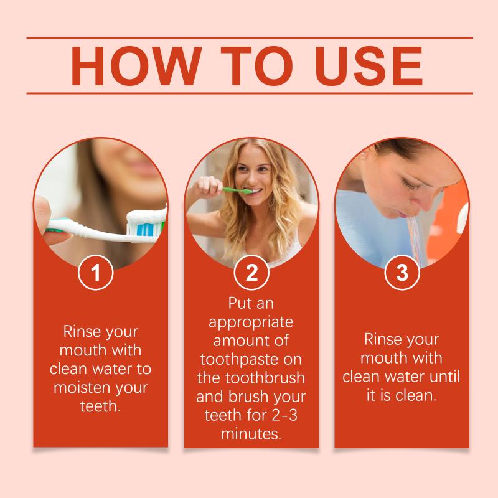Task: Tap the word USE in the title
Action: pos(369,66)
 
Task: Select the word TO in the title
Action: pos(257,66)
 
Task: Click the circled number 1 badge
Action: pos(96,272)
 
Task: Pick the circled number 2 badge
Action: pos(251,272)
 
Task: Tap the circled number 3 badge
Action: pos(402,272)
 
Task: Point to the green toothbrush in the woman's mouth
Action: pos(237,190)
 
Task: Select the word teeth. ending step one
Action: pos(100,406)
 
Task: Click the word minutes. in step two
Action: pos(251,434)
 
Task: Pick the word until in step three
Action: pos(444,377)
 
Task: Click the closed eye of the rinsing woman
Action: pos(410,184)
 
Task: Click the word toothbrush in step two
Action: pos(265,378)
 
